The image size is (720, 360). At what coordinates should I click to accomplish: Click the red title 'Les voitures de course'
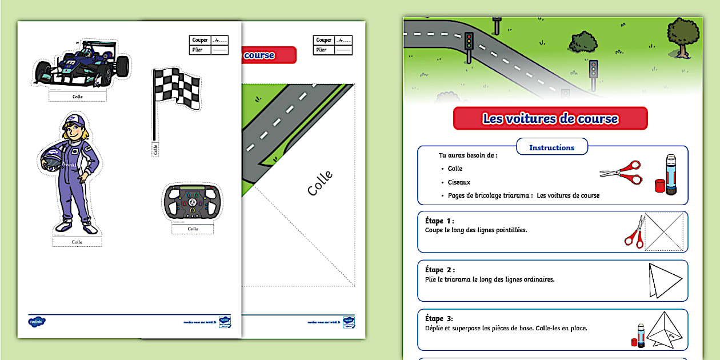(550, 119)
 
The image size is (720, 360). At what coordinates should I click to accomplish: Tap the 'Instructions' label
(551, 147)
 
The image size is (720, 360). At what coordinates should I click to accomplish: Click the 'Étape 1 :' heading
(439, 221)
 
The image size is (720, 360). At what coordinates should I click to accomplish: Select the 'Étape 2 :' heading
(440, 270)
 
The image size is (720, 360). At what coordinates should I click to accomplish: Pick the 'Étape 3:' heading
(439, 319)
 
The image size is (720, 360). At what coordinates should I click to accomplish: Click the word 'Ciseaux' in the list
(459, 182)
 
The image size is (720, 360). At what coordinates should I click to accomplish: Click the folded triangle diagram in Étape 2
(665, 280)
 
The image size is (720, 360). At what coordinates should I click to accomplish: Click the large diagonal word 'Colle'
(321, 183)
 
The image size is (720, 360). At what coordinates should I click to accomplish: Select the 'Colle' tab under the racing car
(78, 97)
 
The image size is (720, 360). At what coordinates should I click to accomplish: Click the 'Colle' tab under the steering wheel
(193, 229)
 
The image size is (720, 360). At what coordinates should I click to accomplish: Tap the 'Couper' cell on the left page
(200, 40)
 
